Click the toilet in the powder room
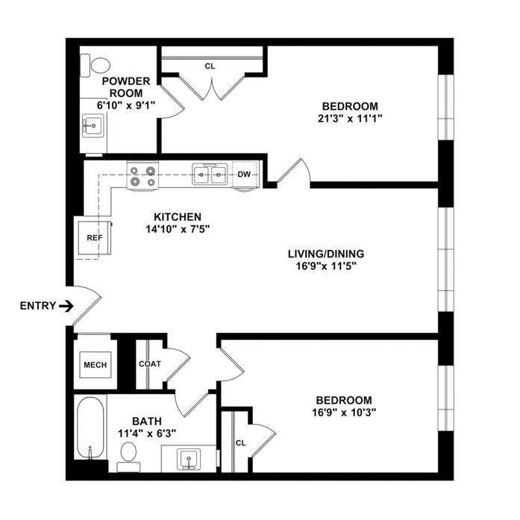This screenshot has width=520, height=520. pos(95,66)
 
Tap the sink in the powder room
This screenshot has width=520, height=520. pos(93,125)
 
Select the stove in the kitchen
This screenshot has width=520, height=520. pos(142,176)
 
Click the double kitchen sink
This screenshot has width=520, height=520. pos(210,174)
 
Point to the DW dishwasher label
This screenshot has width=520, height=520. pos(245,175)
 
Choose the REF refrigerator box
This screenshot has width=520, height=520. pos(95,238)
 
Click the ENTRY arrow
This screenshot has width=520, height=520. pos(66,306)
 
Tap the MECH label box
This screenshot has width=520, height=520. pos(95,365)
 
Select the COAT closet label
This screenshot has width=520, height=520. pos(150,364)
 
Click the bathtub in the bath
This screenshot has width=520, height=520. pos(90,427)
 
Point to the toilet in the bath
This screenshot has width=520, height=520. pos(128,457)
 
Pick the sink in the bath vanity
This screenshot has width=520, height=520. pos(189,460)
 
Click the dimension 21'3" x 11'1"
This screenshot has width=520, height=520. pos(350,119)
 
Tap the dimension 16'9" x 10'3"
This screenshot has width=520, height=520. pos(344,413)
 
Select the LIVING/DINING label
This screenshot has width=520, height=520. pos(326,254)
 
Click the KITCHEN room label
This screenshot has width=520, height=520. pos(178,217)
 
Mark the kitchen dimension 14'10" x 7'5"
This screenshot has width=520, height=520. pos(178,229)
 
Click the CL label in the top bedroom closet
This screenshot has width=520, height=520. pos(210,66)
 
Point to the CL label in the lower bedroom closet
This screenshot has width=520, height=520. pos(241,443)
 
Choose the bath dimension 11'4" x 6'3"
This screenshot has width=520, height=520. pos(147,433)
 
